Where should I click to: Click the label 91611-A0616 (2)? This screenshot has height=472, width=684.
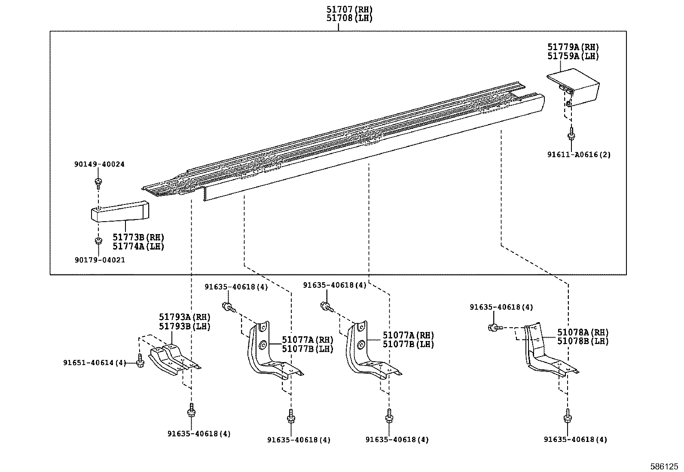(578, 155)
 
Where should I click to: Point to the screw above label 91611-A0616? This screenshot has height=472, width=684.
(571, 134)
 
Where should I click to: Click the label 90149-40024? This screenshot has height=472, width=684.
(99, 164)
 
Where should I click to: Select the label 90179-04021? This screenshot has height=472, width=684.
(100, 260)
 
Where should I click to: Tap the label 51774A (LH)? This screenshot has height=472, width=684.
(138, 247)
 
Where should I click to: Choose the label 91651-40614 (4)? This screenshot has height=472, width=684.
(95, 363)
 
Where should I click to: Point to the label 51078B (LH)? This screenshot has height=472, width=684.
(583, 341)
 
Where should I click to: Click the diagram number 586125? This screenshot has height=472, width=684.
(666, 466)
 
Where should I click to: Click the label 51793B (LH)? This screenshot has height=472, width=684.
(184, 326)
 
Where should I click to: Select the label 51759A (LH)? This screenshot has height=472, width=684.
(573, 56)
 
